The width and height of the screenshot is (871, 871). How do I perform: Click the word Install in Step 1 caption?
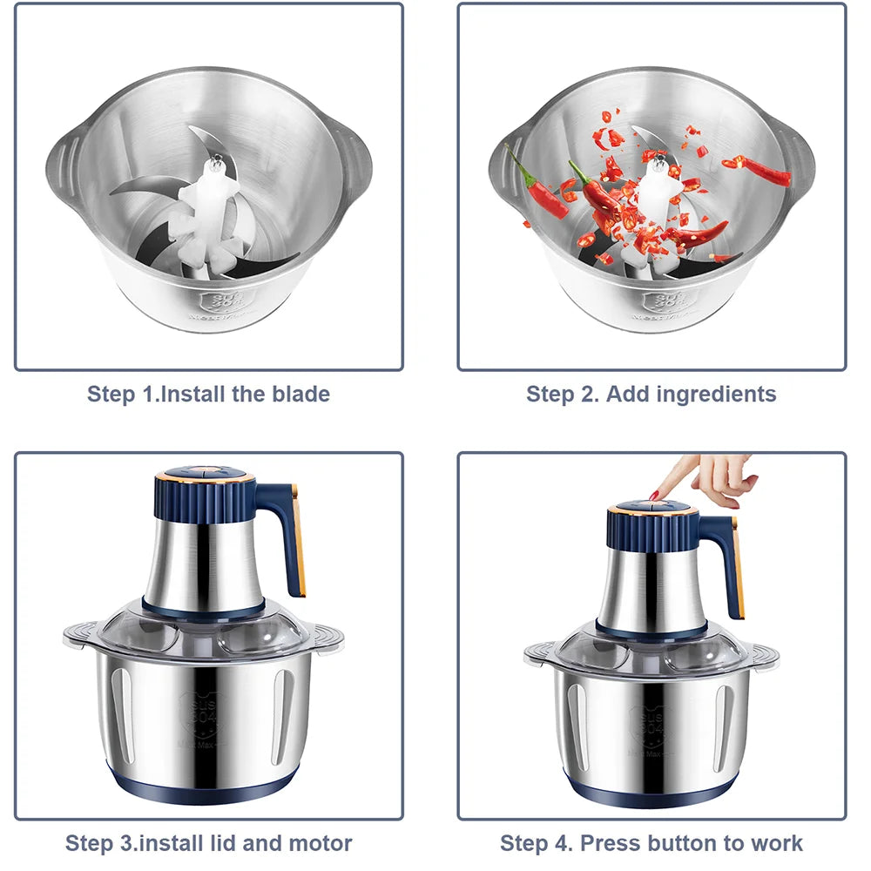click(196, 394)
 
